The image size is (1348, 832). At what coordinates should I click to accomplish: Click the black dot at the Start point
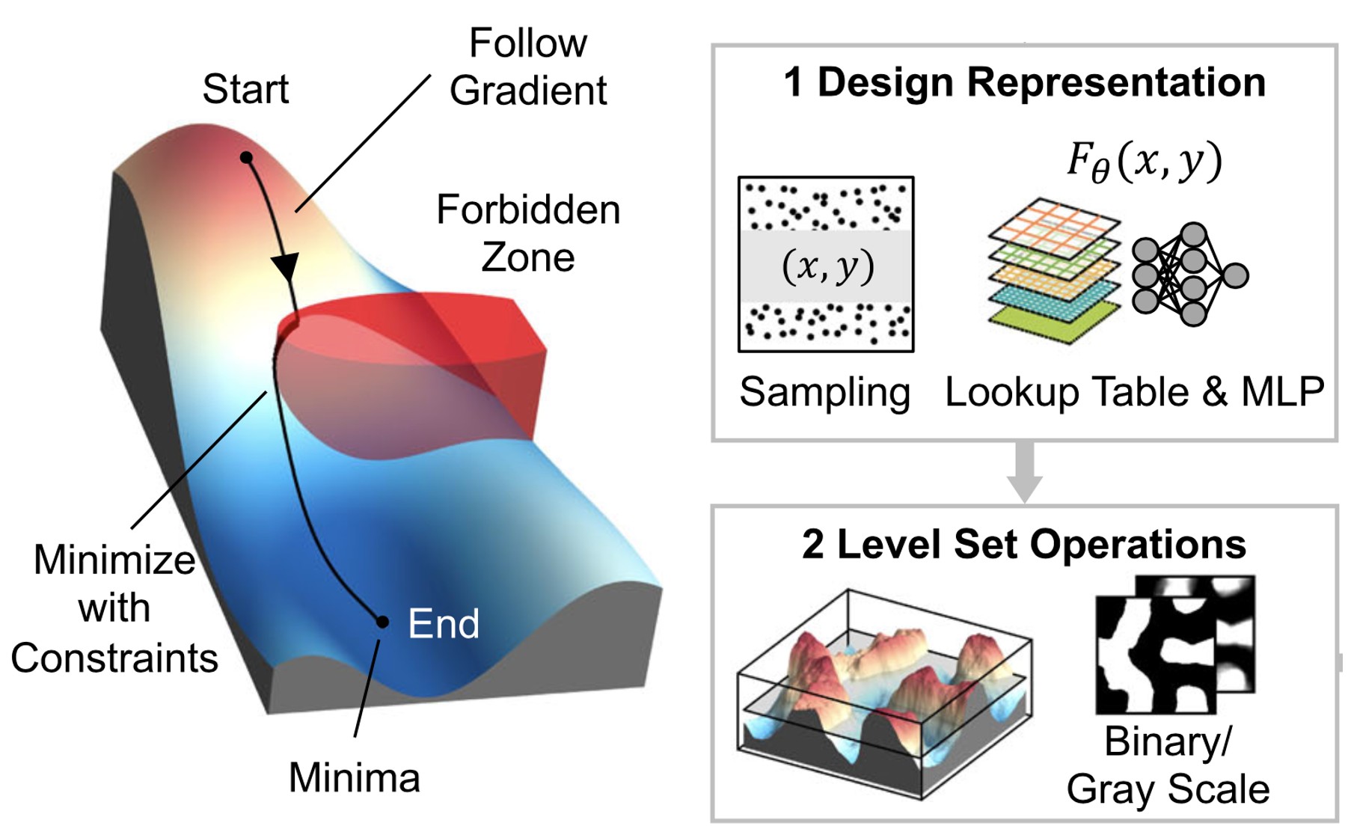[x=246, y=158]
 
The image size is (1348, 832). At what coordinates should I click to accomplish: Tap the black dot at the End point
[x=382, y=622]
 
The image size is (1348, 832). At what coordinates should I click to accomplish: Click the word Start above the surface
[x=245, y=89]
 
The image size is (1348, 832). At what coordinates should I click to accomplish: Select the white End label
[x=444, y=623]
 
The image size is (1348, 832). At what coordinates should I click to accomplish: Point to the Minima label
[x=354, y=777]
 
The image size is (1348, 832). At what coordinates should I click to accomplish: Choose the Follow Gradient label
[x=528, y=67]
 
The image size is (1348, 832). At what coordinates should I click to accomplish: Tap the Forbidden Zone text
[x=528, y=233]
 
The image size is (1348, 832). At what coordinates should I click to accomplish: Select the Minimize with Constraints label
[x=114, y=608]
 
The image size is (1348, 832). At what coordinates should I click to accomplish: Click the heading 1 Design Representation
[x=1024, y=82]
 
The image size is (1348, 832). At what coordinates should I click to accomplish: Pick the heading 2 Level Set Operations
[x=1023, y=544]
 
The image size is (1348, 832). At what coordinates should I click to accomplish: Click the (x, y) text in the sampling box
[x=827, y=266]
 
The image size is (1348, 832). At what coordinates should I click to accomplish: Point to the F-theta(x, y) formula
[x=1144, y=162]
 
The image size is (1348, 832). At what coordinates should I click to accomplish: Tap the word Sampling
[x=824, y=392]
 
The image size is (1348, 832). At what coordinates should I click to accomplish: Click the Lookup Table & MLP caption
[x=1134, y=392]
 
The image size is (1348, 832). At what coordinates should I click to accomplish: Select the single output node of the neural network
[x=1235, y=275]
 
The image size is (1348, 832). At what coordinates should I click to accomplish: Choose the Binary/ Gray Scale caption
[x=1168, y=765]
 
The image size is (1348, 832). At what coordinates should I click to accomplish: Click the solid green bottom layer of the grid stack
[x=1055, y=322]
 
